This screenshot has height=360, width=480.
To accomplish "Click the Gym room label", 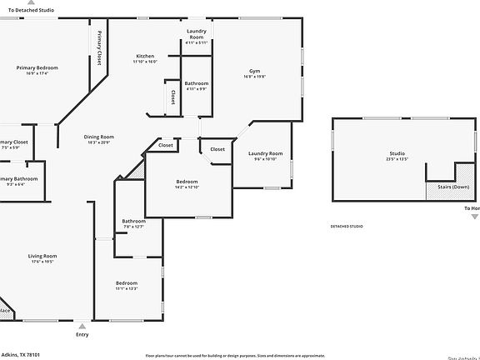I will (x=255, y=71).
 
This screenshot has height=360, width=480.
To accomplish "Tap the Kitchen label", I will (x=145, y=56).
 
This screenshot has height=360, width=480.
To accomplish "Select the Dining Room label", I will (x=98, y=137).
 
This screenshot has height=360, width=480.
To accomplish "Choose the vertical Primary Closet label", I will (x=99, y=47).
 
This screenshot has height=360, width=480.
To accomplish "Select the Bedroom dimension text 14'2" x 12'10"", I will (x=187, y=187).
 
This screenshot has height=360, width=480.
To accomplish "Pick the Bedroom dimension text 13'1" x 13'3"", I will (x=126, y=289).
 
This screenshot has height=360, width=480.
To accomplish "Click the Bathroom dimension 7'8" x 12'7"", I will (x=133, y=227).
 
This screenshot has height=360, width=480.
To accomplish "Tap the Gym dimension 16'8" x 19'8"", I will (x=255, y=77).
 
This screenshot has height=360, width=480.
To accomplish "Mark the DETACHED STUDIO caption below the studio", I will (x=347, y=226).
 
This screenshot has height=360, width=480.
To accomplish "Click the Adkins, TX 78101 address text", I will (x=20, y=354).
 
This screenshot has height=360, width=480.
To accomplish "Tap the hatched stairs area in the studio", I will (x=437, y=192).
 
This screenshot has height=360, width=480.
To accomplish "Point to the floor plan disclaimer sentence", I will (x=235, y=355).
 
